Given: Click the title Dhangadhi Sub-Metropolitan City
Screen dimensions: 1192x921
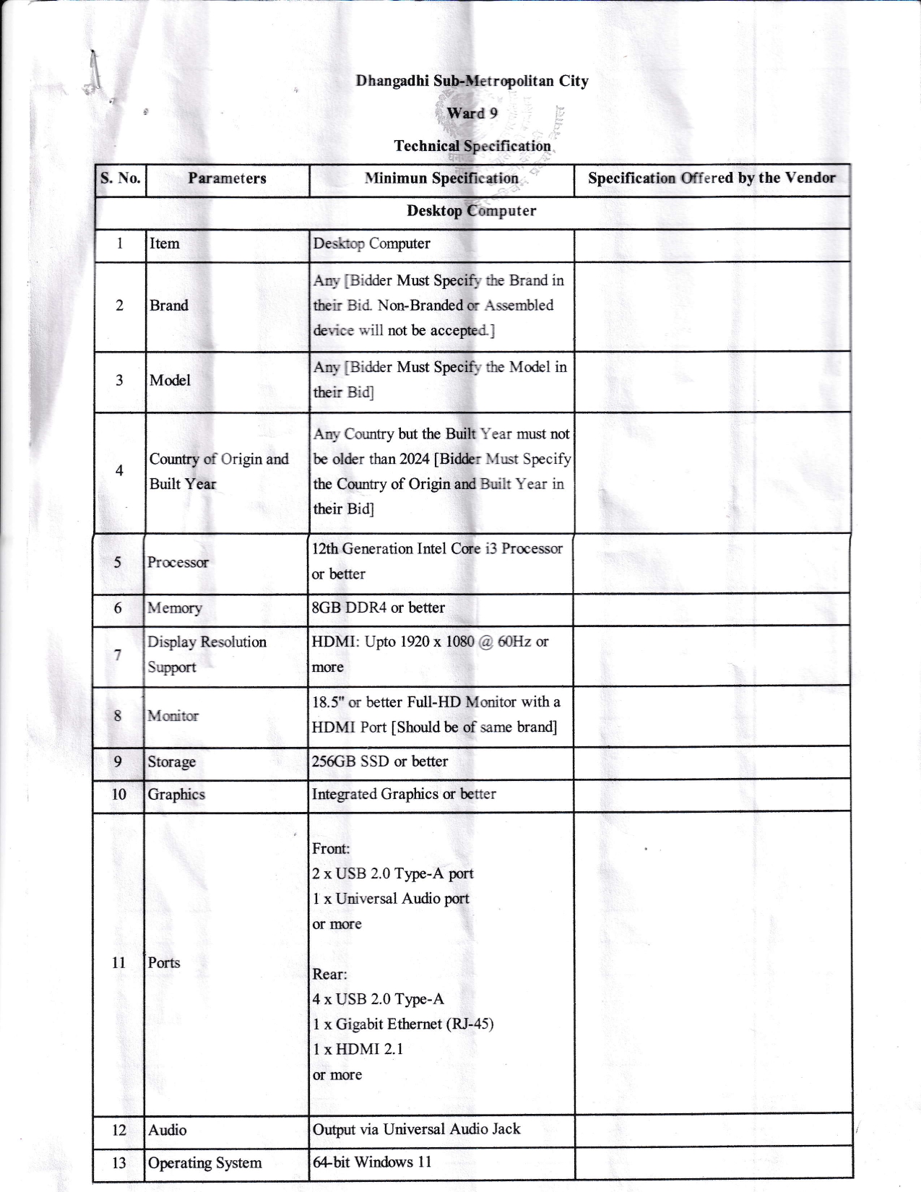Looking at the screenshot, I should click(472, 81).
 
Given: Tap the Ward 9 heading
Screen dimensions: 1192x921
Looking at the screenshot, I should click(472, 113).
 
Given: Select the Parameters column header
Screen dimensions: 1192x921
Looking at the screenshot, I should click(227, 178).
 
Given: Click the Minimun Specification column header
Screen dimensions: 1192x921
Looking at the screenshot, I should click(441, 178).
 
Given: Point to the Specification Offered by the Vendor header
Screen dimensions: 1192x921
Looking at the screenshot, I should click(712, 178).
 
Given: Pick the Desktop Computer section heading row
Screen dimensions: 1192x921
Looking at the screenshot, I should click(471, 211).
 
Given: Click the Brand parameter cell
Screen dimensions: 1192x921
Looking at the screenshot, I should click(169, 306).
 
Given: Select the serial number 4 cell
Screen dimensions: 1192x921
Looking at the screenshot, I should click(119, 471).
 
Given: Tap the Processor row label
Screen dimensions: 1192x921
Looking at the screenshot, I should click(178, 563).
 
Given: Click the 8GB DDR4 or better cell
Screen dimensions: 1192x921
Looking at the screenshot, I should click(379, 608).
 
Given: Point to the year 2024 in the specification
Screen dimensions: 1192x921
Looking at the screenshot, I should click(415, 459).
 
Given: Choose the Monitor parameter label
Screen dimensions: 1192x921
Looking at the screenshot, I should click(173, 716).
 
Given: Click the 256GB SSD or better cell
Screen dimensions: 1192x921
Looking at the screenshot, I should click(380, 761).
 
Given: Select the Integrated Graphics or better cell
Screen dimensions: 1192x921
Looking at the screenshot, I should click(404, 794).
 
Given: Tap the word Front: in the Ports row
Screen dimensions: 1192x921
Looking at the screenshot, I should click(331, 849).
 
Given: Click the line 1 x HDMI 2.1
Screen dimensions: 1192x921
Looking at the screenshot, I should click(358, 1049).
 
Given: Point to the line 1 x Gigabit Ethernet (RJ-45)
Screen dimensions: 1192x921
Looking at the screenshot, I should click(403, 1024).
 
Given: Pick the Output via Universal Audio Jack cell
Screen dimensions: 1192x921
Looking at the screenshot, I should click(416, 1129).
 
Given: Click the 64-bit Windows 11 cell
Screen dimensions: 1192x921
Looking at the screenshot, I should click(372, 1162).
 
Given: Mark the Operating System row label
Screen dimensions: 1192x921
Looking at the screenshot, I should click(204, 1163).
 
